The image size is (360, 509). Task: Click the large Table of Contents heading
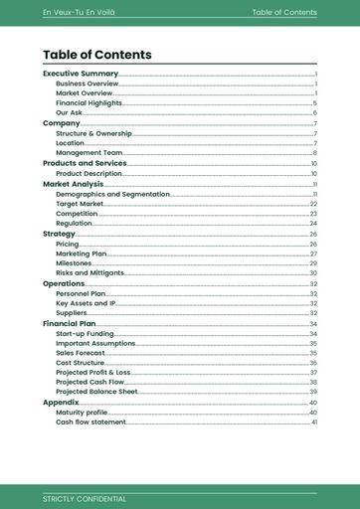[97, 55]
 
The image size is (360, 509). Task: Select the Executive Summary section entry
[81, 74]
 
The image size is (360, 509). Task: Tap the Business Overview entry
[88, 84]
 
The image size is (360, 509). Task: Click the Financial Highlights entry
[90, 103]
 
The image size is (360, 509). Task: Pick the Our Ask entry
[70, 113]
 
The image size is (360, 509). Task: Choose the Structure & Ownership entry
[93, 133]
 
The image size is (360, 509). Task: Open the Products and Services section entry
[85, 163]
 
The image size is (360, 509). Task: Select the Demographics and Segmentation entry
[112, 194]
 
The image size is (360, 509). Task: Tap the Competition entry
[77, 214]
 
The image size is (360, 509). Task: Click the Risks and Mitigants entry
[90, 272]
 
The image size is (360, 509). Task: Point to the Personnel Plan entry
[81, 294]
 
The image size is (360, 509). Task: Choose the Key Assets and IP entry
[86, 303]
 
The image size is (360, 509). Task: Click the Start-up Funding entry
[85, 334]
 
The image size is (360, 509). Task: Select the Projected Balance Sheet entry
[96, 392]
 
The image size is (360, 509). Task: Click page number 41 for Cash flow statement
[313, 423]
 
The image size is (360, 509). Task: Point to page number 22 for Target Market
[313, 204]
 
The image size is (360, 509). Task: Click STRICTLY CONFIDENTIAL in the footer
[85, 498]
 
